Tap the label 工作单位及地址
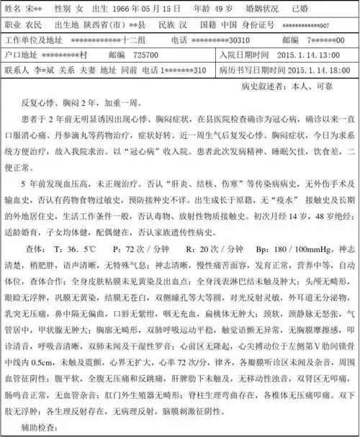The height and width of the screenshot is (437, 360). coord(30,40)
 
